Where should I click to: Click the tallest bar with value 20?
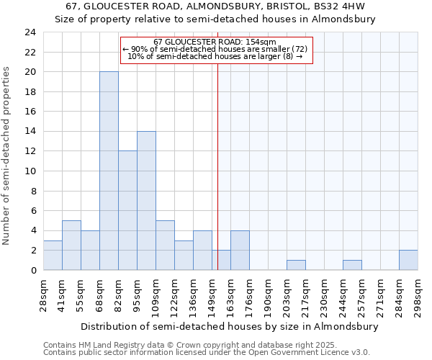[x=109, y=171]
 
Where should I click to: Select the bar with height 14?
[x=146, y=200]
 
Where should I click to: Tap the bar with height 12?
[x=127, y=210]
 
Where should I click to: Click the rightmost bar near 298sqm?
[x=408, y=260]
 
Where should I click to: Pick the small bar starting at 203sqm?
[x=296, y=265]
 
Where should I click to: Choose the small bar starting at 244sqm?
[x=352, y=265]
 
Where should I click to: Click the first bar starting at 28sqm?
[x=53, y=255]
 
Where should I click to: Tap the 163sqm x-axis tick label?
[x=231, y=294]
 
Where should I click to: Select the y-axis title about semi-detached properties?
[x=6, y=156]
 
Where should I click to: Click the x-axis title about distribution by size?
[x=229, y=326]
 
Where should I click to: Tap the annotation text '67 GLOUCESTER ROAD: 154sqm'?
[x=215, y=42]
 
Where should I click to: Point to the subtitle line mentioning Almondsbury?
[x=215, y=19]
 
